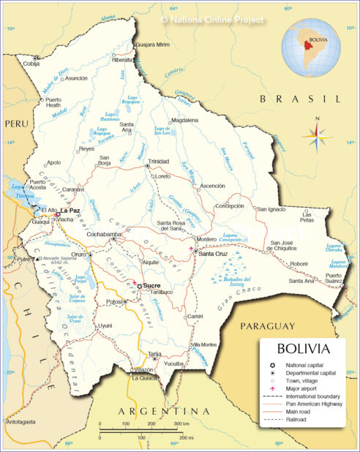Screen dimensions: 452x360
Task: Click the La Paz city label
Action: pos(70,211)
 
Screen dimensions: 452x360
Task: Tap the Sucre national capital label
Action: pos(151,285)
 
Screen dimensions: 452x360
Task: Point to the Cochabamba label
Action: pos(103,234)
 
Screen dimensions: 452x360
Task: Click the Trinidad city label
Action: pos(158,161)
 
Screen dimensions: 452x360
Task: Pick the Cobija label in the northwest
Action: pos(31,64)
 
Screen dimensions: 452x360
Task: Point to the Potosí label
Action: pos(94,301)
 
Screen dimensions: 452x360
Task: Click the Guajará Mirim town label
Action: pos(153,45)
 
